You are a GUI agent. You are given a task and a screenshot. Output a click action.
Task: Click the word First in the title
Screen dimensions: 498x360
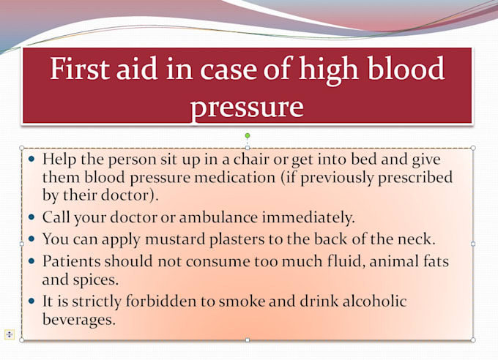click(x=80, y=68)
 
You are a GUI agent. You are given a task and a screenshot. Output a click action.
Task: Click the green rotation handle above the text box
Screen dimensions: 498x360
click(x=248, y=136)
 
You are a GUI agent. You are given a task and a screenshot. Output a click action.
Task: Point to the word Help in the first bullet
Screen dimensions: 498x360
click(x=59, y=160)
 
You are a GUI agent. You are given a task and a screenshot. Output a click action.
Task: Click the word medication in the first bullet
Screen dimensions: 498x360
click(x=234, y=177)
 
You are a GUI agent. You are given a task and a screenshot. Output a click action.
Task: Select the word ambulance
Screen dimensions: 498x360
click(x=218, y=217)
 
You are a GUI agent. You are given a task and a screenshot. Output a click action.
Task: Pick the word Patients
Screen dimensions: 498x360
click(x=72, y=261)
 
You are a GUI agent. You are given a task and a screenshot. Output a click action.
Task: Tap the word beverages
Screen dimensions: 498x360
click(x=79, y=319)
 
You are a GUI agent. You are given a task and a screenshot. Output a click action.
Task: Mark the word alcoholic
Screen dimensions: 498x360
click(x=374, y=301)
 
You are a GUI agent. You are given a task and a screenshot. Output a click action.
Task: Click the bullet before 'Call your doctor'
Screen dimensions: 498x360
click(x=31, y=217)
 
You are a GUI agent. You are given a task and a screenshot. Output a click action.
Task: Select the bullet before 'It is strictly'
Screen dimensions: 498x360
click(x=31, y=301)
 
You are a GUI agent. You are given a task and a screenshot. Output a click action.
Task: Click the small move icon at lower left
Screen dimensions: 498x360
click(x=10, y=334)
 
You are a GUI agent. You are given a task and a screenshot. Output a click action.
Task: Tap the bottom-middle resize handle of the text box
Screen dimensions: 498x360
click(x=248, y=340)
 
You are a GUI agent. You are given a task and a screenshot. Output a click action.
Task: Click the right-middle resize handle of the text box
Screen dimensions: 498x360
click(x=473, y=244)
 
